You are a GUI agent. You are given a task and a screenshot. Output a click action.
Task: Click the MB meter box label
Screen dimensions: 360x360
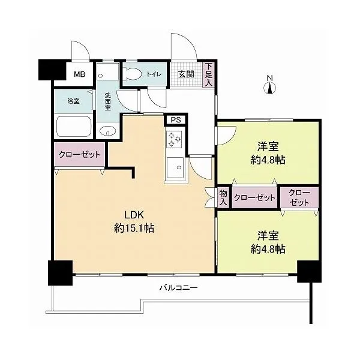[79, 74]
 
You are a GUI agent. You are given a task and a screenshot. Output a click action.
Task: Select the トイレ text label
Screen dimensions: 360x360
[154, 74]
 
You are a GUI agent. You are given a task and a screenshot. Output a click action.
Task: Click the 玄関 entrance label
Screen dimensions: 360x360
[187, 74]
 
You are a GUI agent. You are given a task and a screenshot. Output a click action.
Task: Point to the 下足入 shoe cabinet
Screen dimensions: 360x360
[208, 75]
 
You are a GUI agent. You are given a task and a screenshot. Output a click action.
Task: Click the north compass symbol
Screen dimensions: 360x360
[270, 85]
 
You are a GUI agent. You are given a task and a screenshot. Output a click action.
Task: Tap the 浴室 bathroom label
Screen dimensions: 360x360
[73, 101]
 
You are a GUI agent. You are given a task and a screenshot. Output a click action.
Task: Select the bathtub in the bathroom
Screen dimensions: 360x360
[74, 127]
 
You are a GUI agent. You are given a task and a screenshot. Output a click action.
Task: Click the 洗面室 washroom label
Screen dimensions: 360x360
[107, 101]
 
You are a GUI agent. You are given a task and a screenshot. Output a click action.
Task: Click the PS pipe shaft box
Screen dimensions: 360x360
[176, 119]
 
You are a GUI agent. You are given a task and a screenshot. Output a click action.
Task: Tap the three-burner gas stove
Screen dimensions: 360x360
[175, 139]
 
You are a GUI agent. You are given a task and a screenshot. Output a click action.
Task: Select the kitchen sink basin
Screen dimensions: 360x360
[175, 167]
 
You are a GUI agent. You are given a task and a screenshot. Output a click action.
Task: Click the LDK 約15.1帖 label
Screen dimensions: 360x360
[134, 222]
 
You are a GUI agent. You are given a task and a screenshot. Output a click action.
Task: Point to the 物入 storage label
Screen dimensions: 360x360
[223, 197]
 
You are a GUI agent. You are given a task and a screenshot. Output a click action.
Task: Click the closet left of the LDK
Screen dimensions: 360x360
[79, 155]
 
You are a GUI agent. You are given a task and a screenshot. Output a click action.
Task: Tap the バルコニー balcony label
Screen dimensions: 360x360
[179, 287]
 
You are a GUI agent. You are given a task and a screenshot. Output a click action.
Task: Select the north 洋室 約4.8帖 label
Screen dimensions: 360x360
[268, 153]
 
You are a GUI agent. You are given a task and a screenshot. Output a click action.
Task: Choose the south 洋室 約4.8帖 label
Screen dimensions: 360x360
[268, 242]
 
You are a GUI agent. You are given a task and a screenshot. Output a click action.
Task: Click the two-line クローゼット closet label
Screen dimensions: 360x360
[299, 197]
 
